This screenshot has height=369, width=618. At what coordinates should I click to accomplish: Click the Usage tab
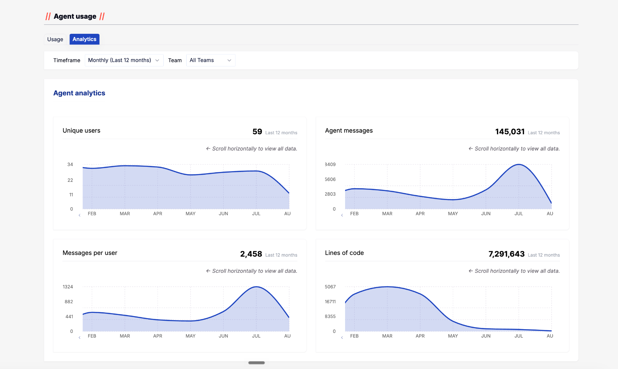tap(55, 39)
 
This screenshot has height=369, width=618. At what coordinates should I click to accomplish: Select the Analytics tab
tap(85, 39)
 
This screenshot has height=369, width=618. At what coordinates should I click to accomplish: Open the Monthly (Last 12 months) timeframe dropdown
tap(124, 60)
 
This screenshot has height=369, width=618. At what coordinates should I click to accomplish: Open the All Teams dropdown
tap(211, 60)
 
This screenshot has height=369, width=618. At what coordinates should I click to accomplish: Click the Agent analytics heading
tap(79, 93)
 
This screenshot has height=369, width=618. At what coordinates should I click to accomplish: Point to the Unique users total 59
tap(257, 132)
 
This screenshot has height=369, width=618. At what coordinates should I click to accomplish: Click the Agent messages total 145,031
tap(510, 132)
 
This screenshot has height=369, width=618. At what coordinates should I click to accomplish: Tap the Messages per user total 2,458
tap(251, 254)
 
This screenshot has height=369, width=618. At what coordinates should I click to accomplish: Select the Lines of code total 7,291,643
tap(507, 254)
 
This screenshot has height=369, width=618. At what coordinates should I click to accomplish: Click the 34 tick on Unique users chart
tap(70, 164)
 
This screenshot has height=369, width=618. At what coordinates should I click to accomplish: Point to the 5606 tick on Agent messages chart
tap(330, 179)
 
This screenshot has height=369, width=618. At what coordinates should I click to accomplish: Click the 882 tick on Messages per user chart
tap(69, 302)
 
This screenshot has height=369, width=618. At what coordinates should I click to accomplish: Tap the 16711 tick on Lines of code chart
tap(330, 302)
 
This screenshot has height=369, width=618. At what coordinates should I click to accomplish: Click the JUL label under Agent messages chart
tap(519, 214)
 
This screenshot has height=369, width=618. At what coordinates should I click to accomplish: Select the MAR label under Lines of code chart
tap(387, 336)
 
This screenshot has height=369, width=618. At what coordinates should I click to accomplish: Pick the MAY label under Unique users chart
tap(191, 214)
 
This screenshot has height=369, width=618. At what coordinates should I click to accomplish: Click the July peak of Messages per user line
tap(256, 287)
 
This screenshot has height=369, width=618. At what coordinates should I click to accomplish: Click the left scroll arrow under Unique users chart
tap(79, 215)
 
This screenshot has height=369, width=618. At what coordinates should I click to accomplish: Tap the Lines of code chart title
tap(344, 253)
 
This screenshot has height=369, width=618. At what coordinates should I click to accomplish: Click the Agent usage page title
tap(75, 16)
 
